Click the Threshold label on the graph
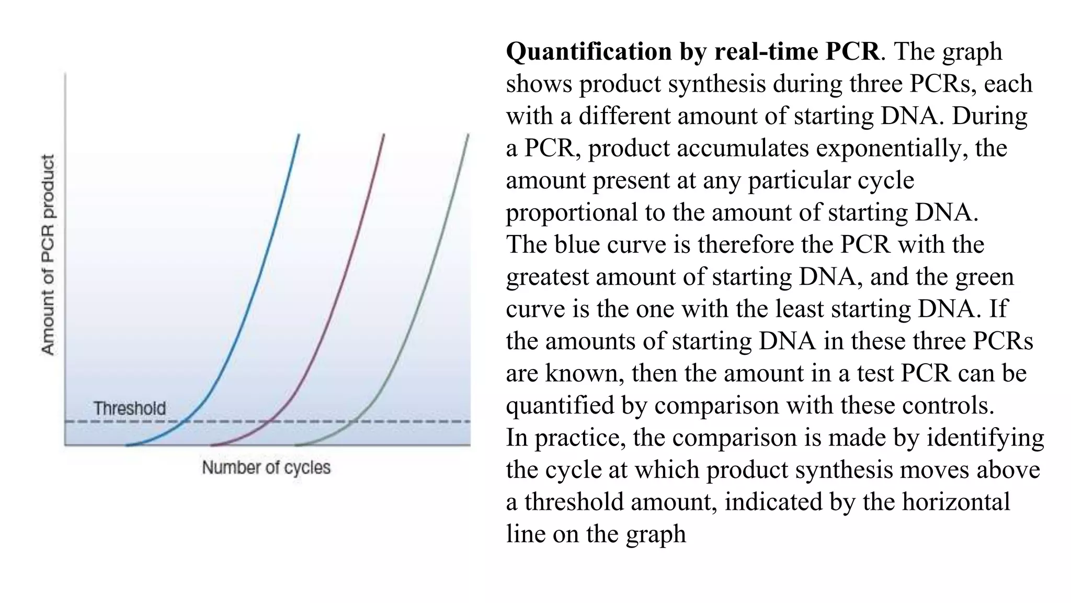coord(129,409)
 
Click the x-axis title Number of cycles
coord(266,467)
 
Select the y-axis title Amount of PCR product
coord(48,255)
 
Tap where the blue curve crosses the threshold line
coord(183,421)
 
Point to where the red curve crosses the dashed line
coord(268,421)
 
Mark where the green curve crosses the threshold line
coord(354,421)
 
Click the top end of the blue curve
coord(299,135)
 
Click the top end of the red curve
coord(384,135)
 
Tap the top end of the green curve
coord(468,135)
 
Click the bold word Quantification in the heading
coord(588,52)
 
